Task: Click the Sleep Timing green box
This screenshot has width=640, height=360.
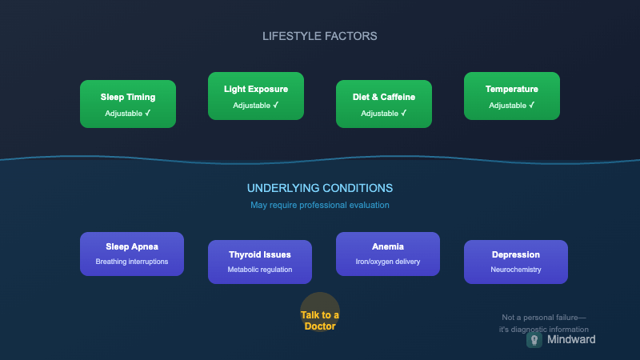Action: [x=128, y=104]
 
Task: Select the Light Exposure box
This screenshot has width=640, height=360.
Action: [x=256, y=96]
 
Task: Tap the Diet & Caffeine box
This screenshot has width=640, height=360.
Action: [x=384, y=104]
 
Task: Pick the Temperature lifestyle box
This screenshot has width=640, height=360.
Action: [x=512, y=96]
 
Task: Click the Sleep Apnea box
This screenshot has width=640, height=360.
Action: [x=132, y=254]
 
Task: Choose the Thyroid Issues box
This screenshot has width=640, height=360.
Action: [x=260, y=262]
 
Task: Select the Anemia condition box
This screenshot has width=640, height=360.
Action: [x=388, y=254]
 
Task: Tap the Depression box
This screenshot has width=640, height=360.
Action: [x=516, y=262]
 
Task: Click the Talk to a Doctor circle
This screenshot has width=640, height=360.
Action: [x=320, y=312]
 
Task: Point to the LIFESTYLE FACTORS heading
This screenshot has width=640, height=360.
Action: [x=320, y=36]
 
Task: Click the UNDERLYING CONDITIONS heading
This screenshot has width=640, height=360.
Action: [x=320, y=188]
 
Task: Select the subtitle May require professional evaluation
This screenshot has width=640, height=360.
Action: [x=320, y=205]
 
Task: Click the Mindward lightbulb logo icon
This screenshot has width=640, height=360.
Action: [x=534, y=339]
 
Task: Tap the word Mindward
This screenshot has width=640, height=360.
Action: [x=571, y=339]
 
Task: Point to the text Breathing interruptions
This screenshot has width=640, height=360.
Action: [x=132, y=262]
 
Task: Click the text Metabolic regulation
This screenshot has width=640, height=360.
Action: [x=260, y=270]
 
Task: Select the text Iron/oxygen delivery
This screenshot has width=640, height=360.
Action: [x=388, y=262]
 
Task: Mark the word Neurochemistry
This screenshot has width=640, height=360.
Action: [x=516, y=270]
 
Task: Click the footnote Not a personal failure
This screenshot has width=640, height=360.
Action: [x=544, y=318]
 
